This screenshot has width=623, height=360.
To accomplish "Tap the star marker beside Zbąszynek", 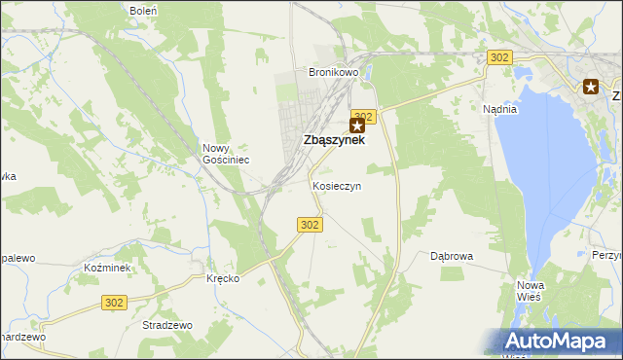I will click(x=359, y=126).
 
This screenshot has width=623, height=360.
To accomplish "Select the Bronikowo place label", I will click(x=334, y=73).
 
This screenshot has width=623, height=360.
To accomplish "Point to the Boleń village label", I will click(x=144, y=10).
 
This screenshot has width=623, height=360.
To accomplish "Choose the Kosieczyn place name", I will click(x=337, y=185).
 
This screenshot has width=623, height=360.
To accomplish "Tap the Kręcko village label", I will click(x=223, y=278).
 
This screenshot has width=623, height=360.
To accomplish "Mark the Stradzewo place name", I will click(x=167, y=325).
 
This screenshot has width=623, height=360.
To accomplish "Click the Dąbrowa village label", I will click(x=452, y=256).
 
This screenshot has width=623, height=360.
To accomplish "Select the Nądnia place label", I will click(x=499, y=109).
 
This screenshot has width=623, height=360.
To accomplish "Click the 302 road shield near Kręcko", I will click(x=114, y=304).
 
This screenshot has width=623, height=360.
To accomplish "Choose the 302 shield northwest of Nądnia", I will click(x=499, y=58).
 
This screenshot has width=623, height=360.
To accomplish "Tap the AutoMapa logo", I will click(x=552, y=342).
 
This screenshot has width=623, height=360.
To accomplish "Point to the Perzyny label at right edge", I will click(x=607, y=254).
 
